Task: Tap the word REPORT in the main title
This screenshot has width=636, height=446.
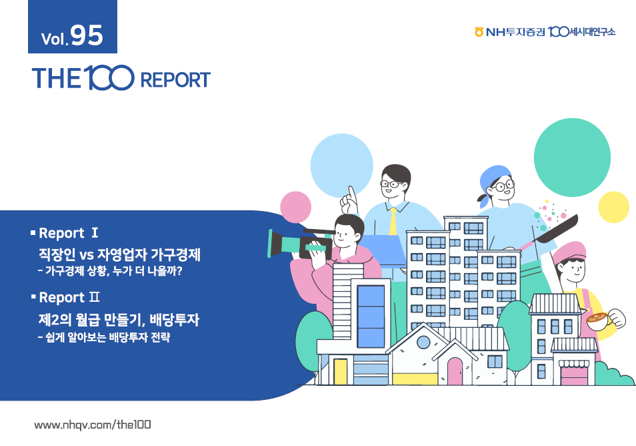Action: [175, 80]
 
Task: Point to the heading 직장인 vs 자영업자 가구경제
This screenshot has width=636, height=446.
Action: [121, 254]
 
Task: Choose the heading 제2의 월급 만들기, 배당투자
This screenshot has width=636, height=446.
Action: [119, 320]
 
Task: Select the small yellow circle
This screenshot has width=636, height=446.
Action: [613, 206]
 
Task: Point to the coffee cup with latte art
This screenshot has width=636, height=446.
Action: [599, 320]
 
